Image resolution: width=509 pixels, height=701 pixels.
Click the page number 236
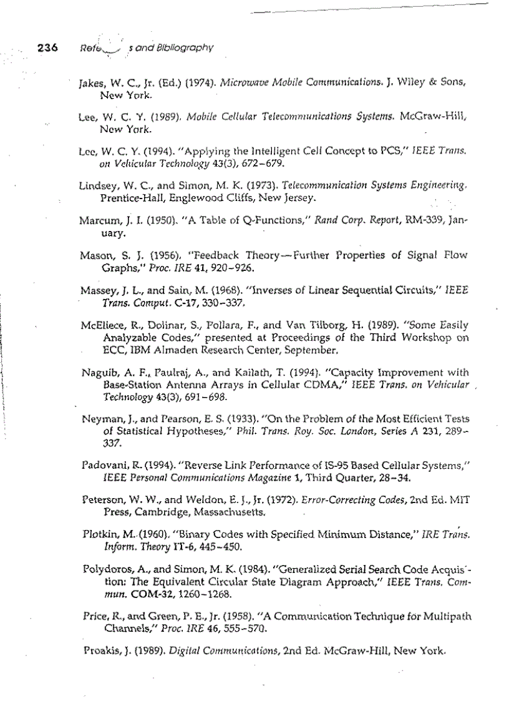tap(48, 47)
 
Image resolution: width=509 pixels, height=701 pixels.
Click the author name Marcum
tap(97, 221)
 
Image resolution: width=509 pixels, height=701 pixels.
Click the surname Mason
tap(95, 255)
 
